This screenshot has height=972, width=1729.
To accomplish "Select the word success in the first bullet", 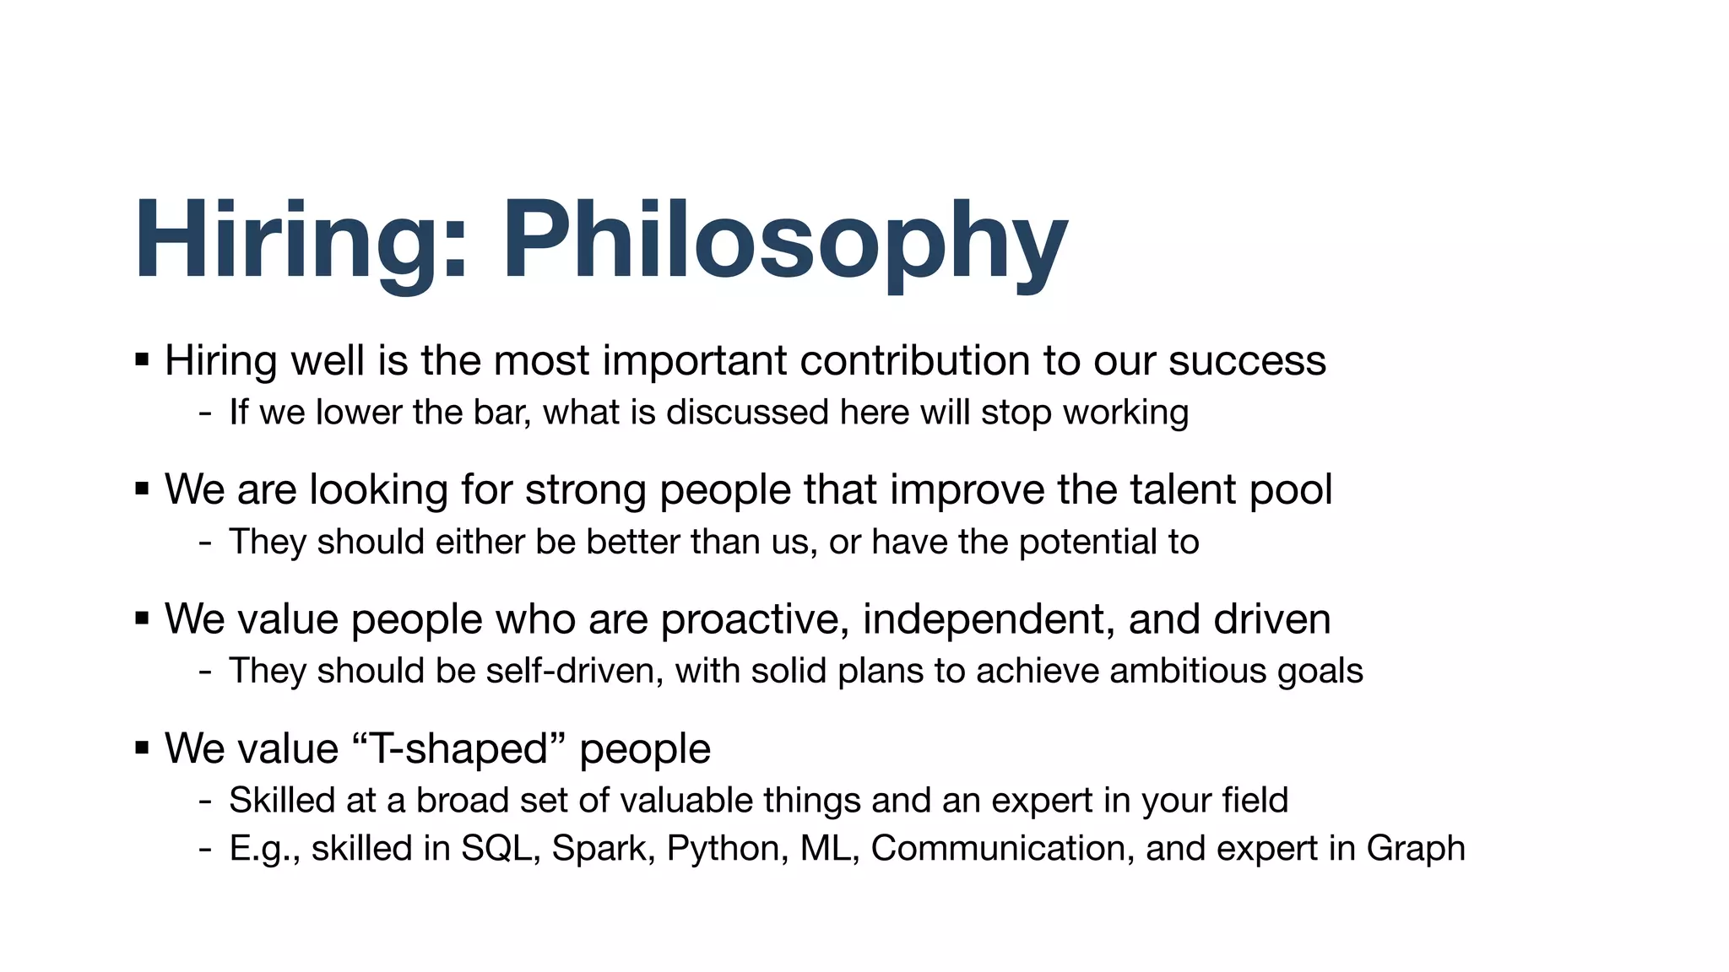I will click(1247, 361).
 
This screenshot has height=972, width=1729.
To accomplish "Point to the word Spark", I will click(603, 849).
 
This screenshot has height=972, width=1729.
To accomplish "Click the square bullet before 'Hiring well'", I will click(142, 360).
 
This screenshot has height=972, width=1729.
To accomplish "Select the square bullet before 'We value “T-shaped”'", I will click(142, 748).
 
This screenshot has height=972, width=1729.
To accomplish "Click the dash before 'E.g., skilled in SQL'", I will click(205, 849).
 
